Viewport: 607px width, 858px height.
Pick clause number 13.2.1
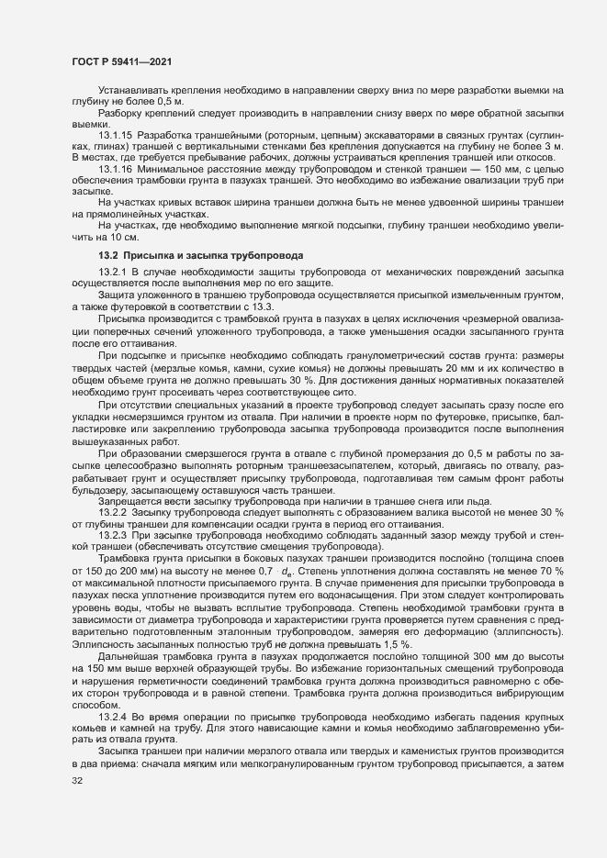point(112,273)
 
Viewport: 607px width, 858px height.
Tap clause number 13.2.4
point(112,740)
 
